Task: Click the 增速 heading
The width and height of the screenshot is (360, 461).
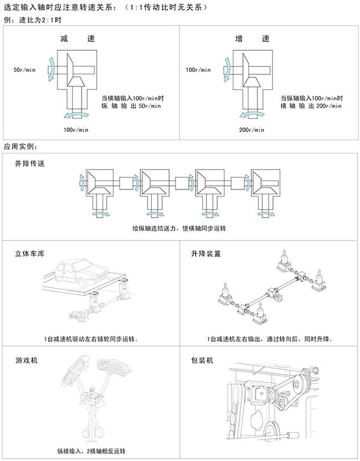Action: tap(251, 40)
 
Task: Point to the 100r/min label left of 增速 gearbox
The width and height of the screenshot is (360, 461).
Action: tap(199, 70)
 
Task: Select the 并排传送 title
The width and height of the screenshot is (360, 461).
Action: tap(30, 163)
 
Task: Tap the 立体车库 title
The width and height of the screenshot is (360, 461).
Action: tap(30, 254)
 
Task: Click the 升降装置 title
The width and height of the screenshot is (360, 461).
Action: tap(206, 254)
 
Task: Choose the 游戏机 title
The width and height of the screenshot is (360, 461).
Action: tap(26, 361)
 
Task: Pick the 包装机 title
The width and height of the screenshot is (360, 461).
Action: tap(202, 361)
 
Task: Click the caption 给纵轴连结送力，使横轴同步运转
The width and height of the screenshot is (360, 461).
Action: tap(182, 229)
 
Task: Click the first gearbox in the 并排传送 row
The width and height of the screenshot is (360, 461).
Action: tap(97, 183)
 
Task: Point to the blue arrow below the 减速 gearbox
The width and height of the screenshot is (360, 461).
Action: tap(73, 114)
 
